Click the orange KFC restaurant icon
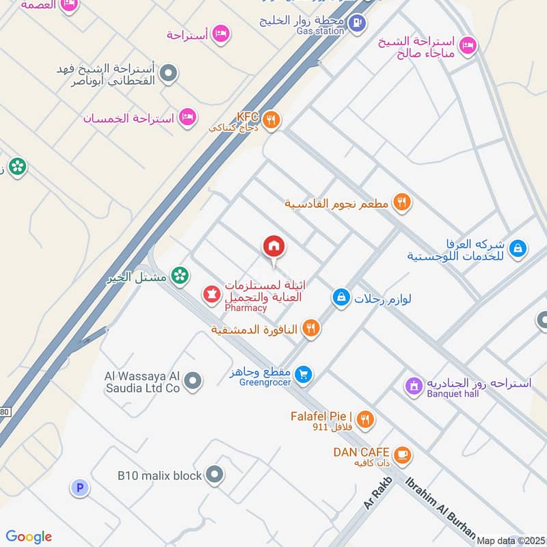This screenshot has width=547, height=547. tap(271, 120)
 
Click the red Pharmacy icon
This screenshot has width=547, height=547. tap(211, 295)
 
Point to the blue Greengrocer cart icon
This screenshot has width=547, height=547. tap(305, 374)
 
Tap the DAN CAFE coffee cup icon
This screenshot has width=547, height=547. tap(403, 453)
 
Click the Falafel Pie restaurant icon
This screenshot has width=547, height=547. tap(366, 420)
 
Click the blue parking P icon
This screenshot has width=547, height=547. tap(80, 488)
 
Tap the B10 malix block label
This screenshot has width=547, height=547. tap(160, 475)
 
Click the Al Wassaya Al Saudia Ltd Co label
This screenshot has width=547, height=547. tap(142, 382)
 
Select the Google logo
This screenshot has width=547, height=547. tap(29, 537)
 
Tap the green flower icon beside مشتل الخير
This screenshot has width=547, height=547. tap(180, 276)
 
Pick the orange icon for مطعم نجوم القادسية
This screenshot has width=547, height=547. tap(402, 203)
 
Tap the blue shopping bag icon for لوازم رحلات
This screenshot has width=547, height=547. tap(341, 297)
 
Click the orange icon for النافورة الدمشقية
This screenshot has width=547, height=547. tap(311, 329)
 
